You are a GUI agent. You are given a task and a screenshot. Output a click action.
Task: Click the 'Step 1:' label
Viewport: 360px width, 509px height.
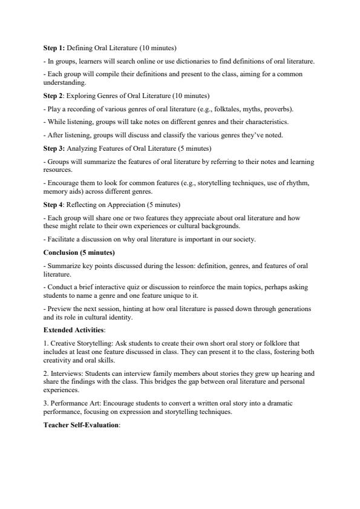point(54,47)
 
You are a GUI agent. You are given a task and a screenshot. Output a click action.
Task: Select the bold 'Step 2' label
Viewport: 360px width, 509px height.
point(53,96)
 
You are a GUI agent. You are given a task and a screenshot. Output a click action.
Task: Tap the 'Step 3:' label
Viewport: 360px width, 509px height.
point(54,148)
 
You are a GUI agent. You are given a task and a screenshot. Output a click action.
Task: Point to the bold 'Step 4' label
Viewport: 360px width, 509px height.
point(53,204)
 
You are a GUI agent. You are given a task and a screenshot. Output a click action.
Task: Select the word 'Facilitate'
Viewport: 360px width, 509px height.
point(61,239)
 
